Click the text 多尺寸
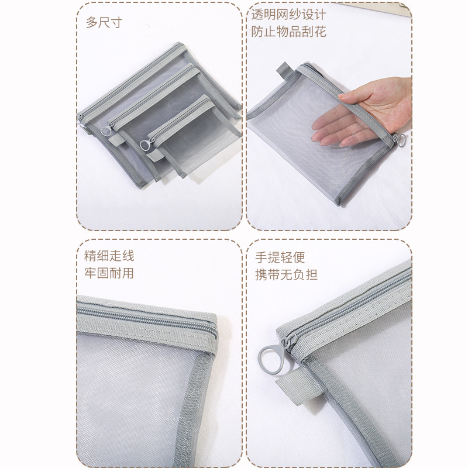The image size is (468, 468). pos(104,22)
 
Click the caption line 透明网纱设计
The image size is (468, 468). pos(288,14)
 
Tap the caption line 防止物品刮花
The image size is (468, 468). pos(288,32)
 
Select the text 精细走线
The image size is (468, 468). pos(109,256)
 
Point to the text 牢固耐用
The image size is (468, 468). pos(109,273)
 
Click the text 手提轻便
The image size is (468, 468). pos(280,257)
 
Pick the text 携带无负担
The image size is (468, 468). pos(286,275)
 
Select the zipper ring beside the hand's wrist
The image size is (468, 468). pos(400,140)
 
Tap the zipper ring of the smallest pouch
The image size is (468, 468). pos(146,145)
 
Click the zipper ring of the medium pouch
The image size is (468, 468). pos(106,130)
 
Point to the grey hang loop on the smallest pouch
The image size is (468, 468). pos(154,156)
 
